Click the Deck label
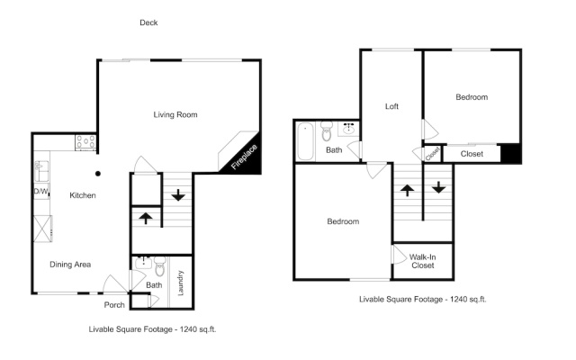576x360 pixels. click(148, 22)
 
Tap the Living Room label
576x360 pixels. click(175, 114)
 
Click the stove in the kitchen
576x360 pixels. click(85, 142)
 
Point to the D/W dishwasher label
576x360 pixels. click(41, 192)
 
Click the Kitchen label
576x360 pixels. click(83, 195)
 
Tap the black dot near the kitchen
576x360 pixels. click(98, 174)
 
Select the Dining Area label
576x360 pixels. click(70, 265)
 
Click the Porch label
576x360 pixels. click(114, 305)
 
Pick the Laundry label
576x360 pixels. click(180, 283)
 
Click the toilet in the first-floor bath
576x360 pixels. click(160, 266)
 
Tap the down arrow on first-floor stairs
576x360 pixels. click(178, 195)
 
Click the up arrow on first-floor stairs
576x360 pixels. click(146, 218)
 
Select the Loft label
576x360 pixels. click(391, 106)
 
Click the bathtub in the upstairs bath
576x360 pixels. click(305, 141)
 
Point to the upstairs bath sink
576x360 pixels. click(348, 129)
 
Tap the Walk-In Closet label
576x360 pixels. click(422, 261)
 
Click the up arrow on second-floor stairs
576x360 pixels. click(407, 190)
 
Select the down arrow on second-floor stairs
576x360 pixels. click(438, 187)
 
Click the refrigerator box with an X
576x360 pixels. click(42, 229)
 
